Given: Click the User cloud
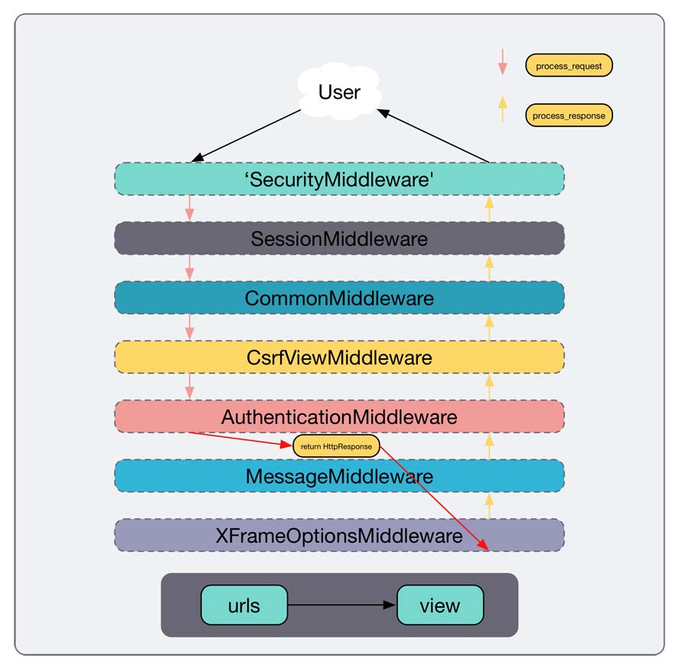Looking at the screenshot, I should [x=339, y=93].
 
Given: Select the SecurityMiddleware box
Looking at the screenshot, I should [x=339, y=178].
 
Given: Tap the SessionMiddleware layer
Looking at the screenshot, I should [x=339, y=238].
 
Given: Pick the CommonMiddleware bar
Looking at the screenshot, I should [x=339, y=298].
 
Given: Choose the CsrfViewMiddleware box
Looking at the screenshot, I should [x=339, y=357].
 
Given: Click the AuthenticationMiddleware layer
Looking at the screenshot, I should [x=339, y=416].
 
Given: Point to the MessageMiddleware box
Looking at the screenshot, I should [x=339, y=476].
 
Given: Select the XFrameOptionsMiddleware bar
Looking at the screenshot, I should [x=339, y=535].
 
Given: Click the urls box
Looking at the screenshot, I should [x=244, y=605].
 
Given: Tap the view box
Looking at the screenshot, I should [x=440, y=605].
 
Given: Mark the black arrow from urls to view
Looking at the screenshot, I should [x=341, y=605].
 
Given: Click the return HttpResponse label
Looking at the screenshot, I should [x=337, y=446].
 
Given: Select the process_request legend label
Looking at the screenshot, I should [x=569, y=66].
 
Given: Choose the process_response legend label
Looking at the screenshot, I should [x=570, y=116].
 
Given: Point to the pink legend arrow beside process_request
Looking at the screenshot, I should [x=502, y=62].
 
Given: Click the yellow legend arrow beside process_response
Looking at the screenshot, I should [x=502, y=109].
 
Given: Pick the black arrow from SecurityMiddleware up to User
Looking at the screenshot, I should [x=433, y=135].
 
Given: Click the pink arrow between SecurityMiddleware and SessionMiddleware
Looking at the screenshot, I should [x=189, y=208].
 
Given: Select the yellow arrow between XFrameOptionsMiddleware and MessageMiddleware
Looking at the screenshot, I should [x=489, y=505].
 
